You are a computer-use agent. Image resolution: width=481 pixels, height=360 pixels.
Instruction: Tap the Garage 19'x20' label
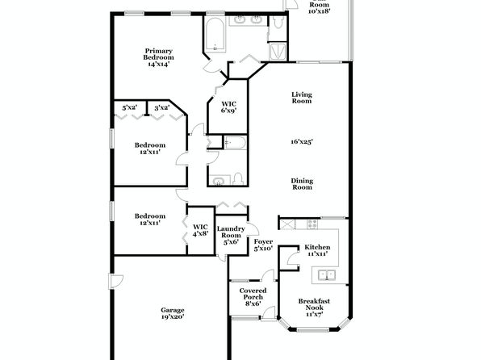(x=173, y=313)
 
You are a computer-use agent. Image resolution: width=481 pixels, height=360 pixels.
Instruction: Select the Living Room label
(x=302, y=98)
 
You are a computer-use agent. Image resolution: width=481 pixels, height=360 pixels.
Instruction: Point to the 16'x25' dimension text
(x=302, y=141)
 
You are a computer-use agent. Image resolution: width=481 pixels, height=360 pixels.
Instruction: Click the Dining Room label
(x=302, y=184)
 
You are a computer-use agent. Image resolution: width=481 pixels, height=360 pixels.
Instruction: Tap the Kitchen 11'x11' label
(x=317, y=250)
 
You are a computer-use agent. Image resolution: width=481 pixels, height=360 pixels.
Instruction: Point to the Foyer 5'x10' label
(x=263, y=245)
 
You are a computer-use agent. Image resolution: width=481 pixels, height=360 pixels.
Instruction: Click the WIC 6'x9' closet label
(x=229, y=107)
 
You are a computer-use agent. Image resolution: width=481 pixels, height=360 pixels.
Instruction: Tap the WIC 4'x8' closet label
(x=200, y=230)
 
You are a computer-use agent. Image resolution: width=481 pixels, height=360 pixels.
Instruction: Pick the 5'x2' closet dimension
(x=130, y=107)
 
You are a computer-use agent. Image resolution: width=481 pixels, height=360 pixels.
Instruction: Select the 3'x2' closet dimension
(x=162, y=107)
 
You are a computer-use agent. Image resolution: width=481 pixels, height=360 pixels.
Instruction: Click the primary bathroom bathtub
(x=215, y=35)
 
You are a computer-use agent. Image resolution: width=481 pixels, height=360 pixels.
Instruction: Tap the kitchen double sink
(x=326, y=274)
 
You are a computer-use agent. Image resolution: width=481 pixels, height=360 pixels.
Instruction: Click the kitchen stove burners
(x=312, y=224)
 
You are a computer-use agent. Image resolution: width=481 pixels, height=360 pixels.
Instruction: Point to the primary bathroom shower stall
(x=278, y=52)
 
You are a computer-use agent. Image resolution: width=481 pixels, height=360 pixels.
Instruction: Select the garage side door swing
(x=116, y=282)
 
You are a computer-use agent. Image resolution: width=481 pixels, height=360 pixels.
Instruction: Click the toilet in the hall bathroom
(x=238, y=179)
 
